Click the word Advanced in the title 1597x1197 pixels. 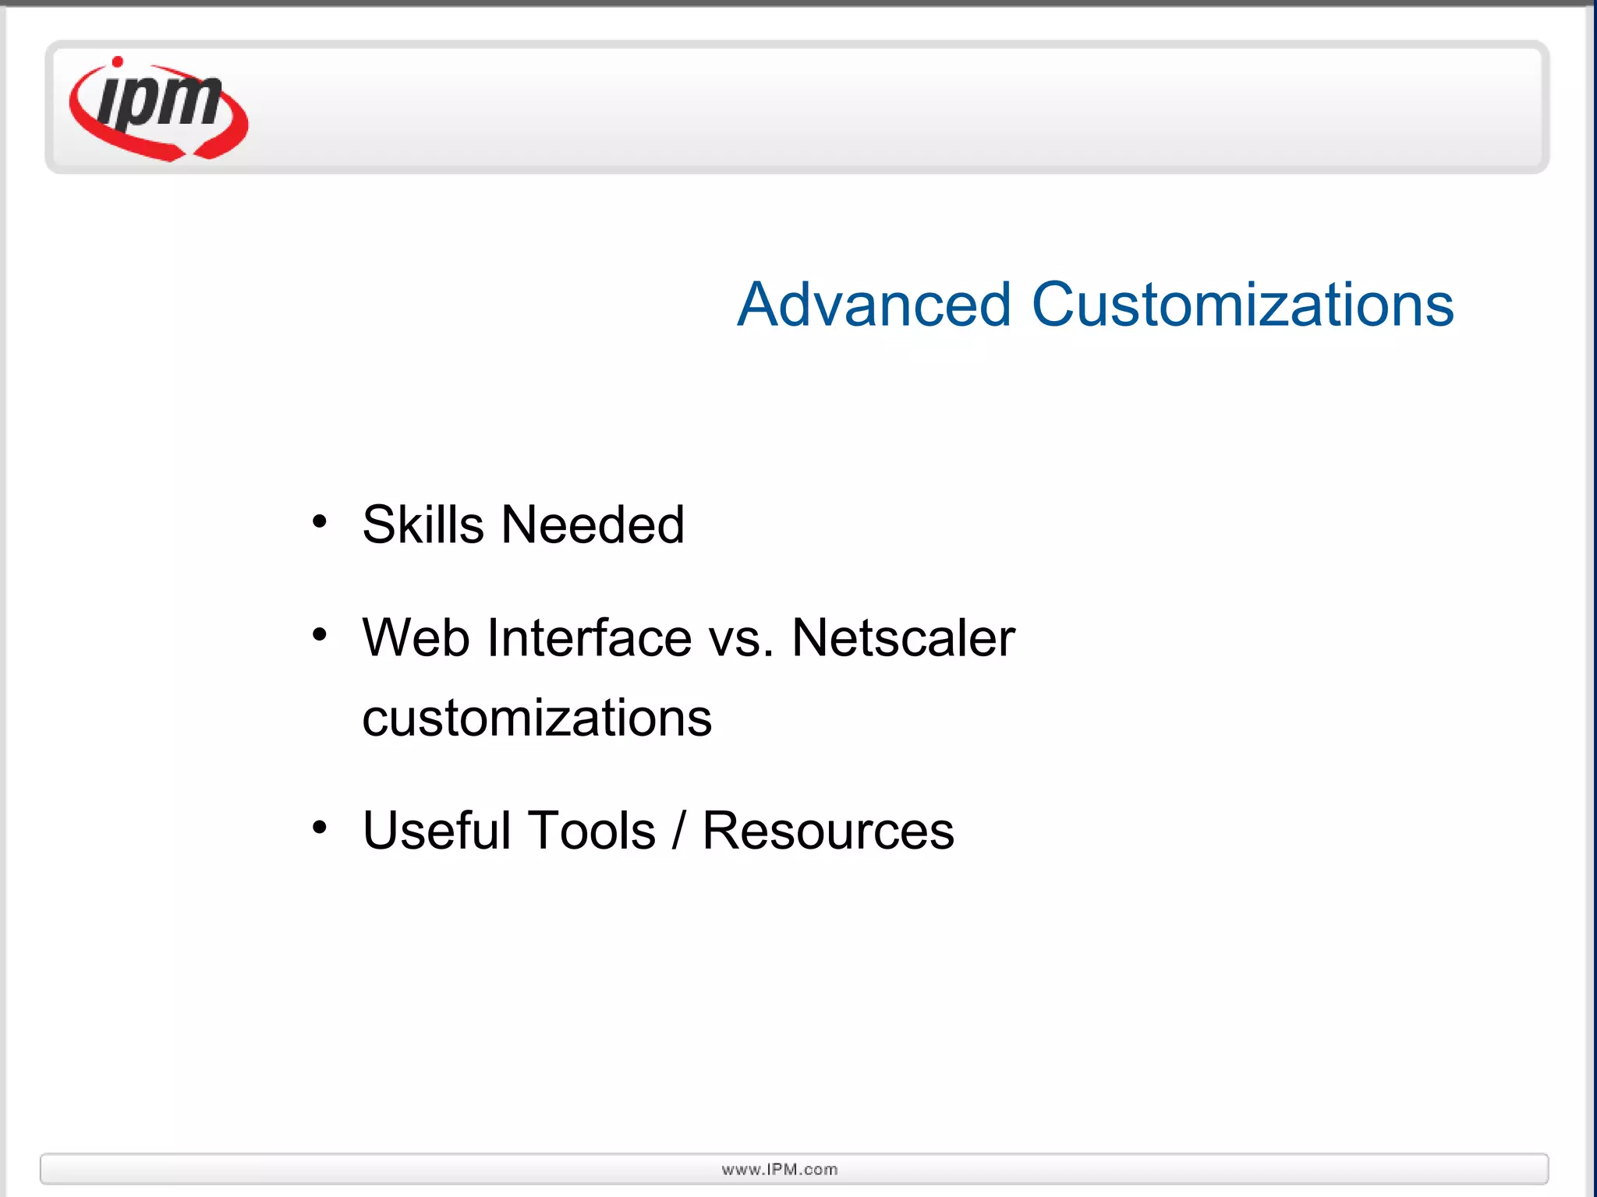(873, 305)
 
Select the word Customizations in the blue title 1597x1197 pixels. (1242, 305)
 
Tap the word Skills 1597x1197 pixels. (423, 524)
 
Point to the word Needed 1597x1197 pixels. (593, 524)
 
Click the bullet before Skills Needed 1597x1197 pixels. (319, 521)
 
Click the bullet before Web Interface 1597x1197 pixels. (319, 635)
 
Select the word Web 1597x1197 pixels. (416, 638)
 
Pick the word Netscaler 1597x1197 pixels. (903, 638)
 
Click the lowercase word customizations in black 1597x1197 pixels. (536, 719)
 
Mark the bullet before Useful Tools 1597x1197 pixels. (319, 827)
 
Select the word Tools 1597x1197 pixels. (592, 830)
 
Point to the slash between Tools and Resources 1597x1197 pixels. (678, 830)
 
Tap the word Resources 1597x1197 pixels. (828, 830)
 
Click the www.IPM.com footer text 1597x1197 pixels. (780, 1169)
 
